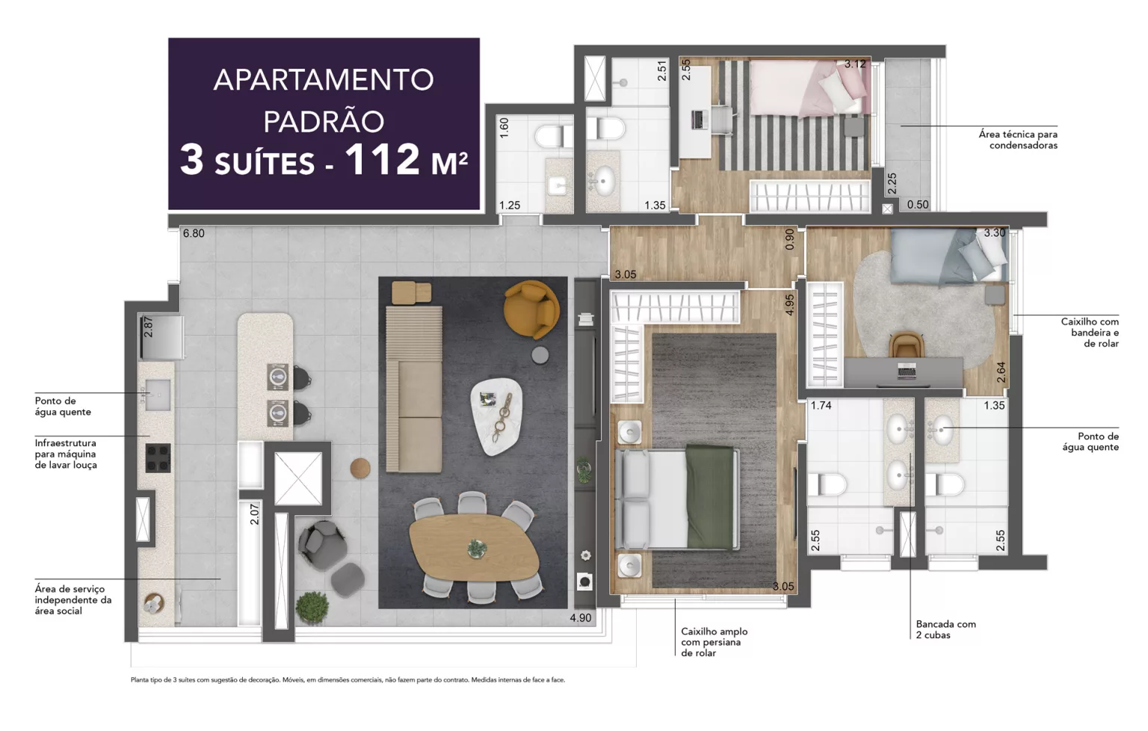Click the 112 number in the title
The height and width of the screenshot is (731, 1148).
[x=382, y=159]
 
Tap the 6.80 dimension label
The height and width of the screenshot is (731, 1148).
[x=194, y=233]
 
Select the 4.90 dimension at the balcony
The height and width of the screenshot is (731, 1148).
[x=580, y=617]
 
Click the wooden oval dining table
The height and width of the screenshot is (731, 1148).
[x=474, y=548]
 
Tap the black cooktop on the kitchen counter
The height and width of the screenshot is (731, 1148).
[x=158, y=457]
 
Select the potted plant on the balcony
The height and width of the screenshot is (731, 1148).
[x=312, y=606]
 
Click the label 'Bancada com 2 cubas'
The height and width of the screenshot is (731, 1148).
[x=945, y=629]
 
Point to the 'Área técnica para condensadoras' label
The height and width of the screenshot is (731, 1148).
[x=1018, y=140]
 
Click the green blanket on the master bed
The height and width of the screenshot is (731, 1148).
[x=711, y=496]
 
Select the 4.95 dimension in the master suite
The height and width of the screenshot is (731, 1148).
[x=789, y=304]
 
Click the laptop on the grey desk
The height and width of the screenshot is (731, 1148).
[x=907, y=370]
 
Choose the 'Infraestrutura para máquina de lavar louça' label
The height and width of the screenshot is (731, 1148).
[x=66, y=454]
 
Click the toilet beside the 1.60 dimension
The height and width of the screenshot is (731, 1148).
[x=551, y=137]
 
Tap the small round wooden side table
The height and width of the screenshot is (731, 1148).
[x=360, y=468]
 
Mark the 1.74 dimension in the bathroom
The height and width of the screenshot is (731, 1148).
[x=821, y=406]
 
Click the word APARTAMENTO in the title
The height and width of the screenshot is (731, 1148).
[x=324, y=79]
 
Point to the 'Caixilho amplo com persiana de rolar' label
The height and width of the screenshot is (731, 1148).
[x=714, y=642]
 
